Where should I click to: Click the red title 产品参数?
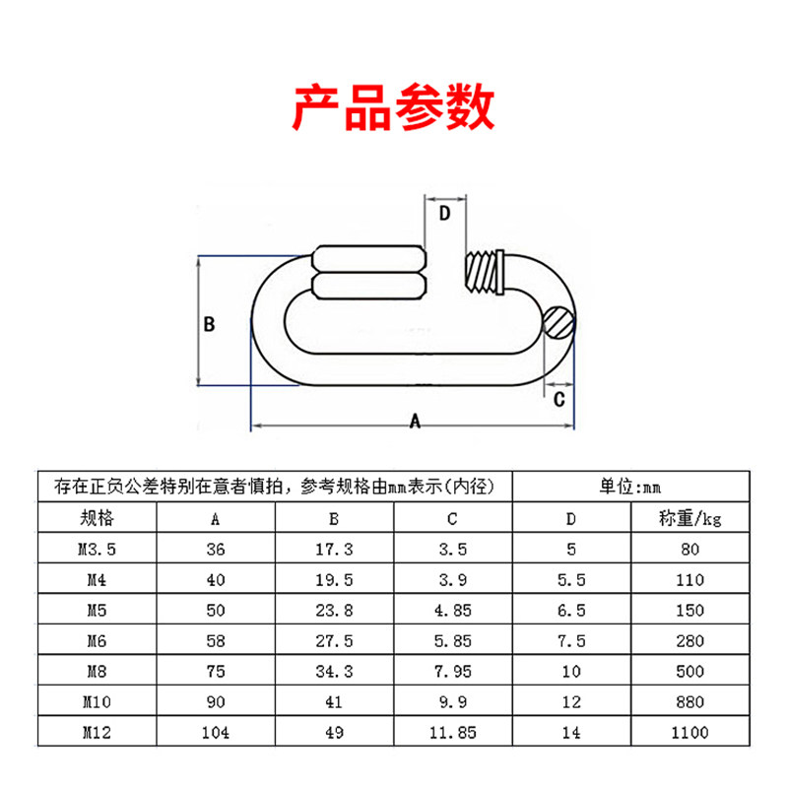click(394, 108)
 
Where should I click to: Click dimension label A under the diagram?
click(415, 421)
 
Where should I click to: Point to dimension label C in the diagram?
click(558, 399)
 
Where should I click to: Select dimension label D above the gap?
click(444, 213)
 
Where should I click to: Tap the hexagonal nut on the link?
click(369, 273)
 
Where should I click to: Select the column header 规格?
click(96, 518)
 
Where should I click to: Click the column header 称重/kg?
click(689, 518)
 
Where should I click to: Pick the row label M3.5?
click(96, 549)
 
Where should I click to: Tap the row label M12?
click(96, 732)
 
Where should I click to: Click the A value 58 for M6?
click(215, 640)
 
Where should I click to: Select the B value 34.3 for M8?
click(334, 671)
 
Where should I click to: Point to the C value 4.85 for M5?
click(452, 610)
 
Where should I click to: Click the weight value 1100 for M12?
click(689, 732)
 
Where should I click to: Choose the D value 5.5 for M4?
click(572, 579)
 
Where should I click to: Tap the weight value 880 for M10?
click(689, 701)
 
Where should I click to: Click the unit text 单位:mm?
click(630, 487)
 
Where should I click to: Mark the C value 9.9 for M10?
click(452, 701)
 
